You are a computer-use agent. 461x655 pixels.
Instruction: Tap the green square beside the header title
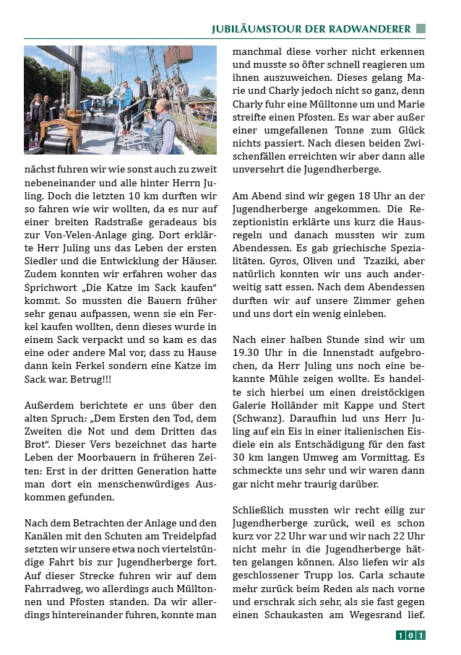421,29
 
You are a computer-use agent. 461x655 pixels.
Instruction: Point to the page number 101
410,636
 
